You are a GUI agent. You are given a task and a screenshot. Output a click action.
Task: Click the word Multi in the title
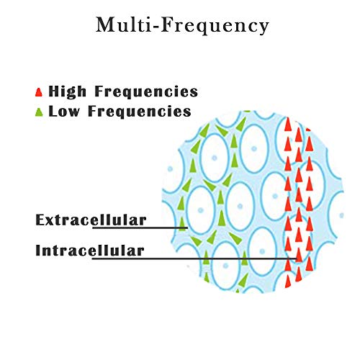[124, 24]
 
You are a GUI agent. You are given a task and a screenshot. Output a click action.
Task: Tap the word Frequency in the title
[215, 26]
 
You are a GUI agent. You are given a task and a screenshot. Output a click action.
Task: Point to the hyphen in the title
[156, 27]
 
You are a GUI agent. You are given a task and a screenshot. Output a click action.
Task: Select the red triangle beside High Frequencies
[39, 92]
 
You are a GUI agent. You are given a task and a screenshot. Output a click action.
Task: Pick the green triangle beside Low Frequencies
[39, 112]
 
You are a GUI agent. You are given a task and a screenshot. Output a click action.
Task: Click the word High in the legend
[67, 91]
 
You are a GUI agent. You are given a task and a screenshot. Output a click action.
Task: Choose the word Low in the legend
[64, 112]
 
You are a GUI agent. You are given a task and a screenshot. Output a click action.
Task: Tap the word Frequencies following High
[146, 91]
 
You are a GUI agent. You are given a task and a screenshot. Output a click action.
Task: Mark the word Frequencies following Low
[140, 111]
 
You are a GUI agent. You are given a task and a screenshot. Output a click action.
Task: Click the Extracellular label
[91, 220]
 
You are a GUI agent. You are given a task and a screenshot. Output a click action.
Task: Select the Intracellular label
[90, 251]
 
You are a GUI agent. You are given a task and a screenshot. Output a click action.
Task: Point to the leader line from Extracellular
[140, 228]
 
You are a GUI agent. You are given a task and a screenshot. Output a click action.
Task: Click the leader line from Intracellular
[195, 258]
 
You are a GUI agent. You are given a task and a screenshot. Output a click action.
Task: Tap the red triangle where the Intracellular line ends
[299, 255]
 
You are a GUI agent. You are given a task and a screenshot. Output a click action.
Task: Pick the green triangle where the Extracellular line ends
[182, 224]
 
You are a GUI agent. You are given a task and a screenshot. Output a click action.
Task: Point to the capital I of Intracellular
[38, 251]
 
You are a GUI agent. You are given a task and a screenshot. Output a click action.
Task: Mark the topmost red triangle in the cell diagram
[288, 125]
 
